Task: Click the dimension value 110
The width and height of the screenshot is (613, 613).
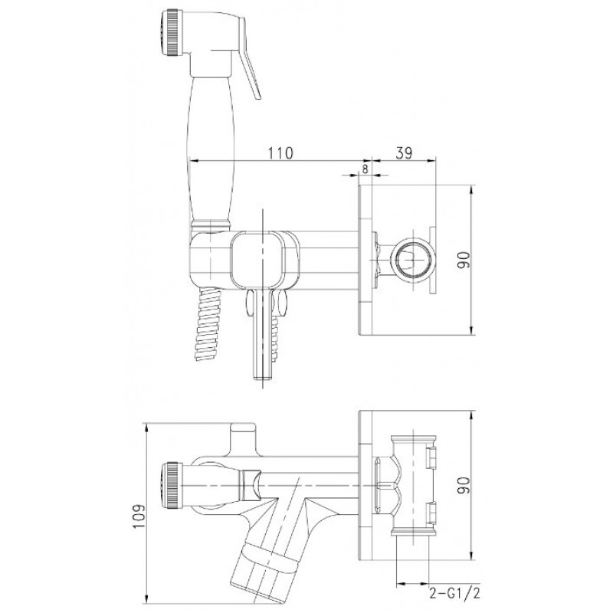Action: click(280, 152)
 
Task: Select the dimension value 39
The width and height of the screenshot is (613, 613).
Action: click(404, 152)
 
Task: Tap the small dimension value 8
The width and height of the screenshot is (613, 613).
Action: click(366, 169)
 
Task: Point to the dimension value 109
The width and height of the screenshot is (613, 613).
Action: click(138, 516)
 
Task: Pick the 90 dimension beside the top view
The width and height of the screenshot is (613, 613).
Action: click(465, 259)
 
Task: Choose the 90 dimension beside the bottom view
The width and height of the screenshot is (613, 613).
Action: click(465, 485)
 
